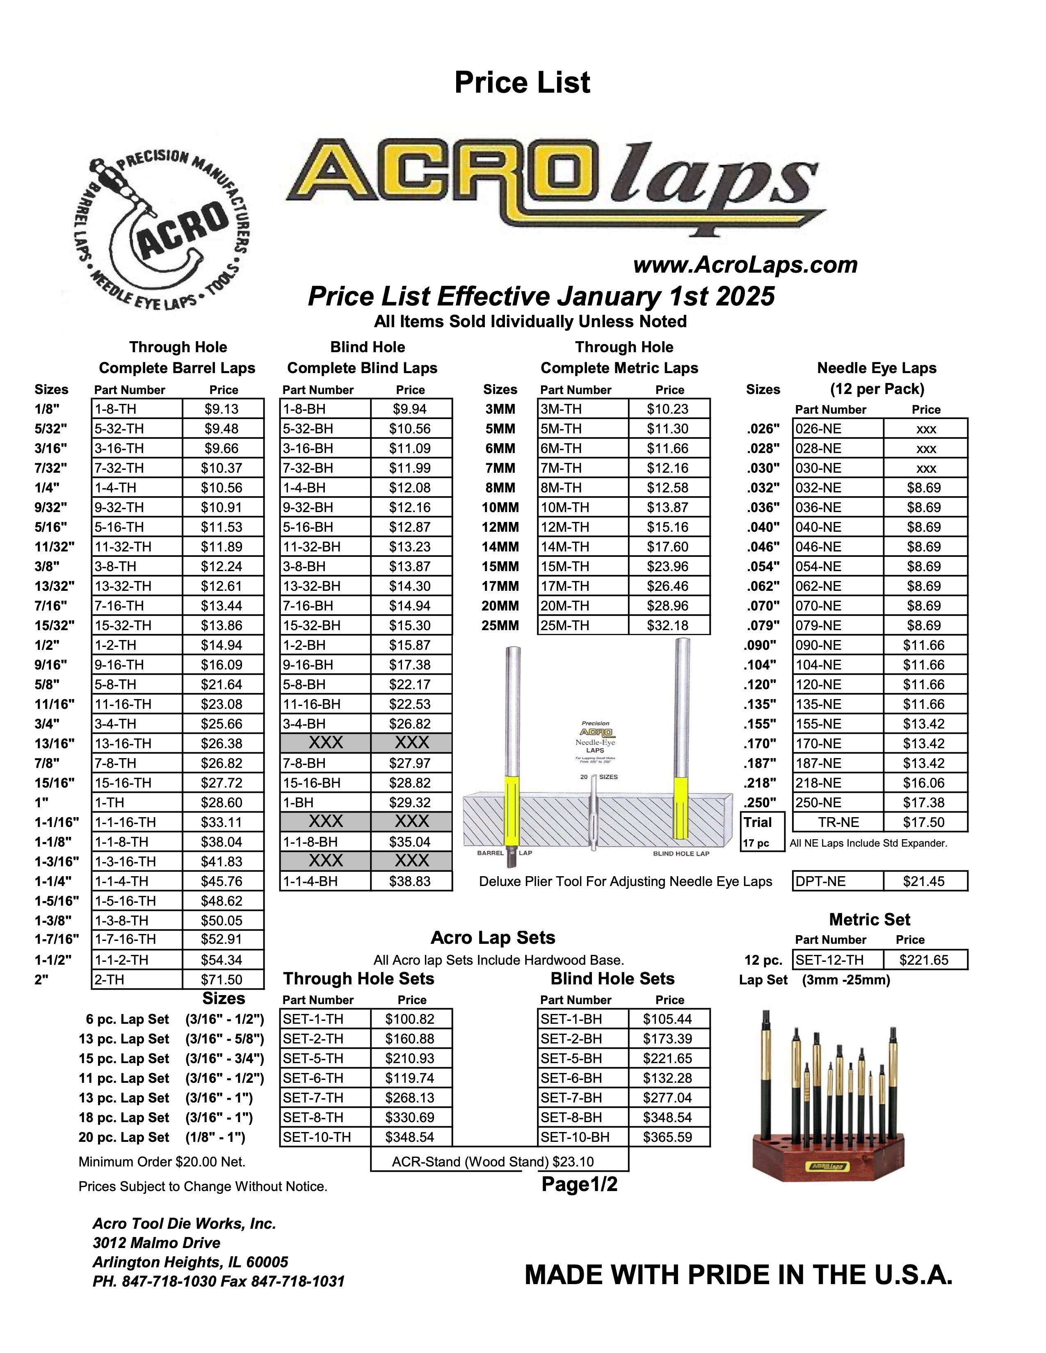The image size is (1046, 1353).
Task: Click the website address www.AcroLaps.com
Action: tap(745, 265)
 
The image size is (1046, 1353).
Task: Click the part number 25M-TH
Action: tap(582, 626)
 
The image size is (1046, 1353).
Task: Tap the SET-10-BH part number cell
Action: tap(582, 1137)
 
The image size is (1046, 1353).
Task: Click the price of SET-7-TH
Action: tap(410, 1098)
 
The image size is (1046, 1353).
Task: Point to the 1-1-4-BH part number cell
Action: tap(325, 881)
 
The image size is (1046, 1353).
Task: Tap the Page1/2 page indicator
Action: tap(579, 1184)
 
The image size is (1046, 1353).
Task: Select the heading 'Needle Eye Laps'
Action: tap(876, 368)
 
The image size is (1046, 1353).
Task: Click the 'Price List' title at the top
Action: tap(522, 83)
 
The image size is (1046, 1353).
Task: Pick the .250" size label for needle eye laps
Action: tap(761, 803)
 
